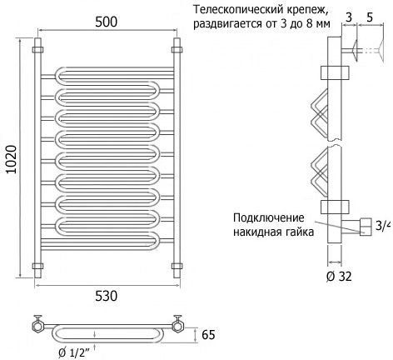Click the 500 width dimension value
coord(107,22)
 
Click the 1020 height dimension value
coord(12,159)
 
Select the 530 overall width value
coord(107,296)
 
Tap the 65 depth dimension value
coord(208,335)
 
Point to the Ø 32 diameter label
coord(339,277)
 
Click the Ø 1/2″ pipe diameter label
coord(74,353)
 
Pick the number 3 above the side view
coord(349,17)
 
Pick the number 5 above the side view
coord(370,17)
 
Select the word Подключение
coord(269,218)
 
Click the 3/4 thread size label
coord(384,226)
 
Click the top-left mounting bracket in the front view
coord(37,50)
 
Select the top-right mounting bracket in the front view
coord(177,50)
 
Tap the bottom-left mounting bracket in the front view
coord(37,266)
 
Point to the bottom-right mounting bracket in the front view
coord(177,266)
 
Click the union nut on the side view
coord(366,227)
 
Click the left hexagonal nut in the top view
coord(37,327)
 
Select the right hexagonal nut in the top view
coord(177,327)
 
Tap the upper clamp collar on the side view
coord(335,72)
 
